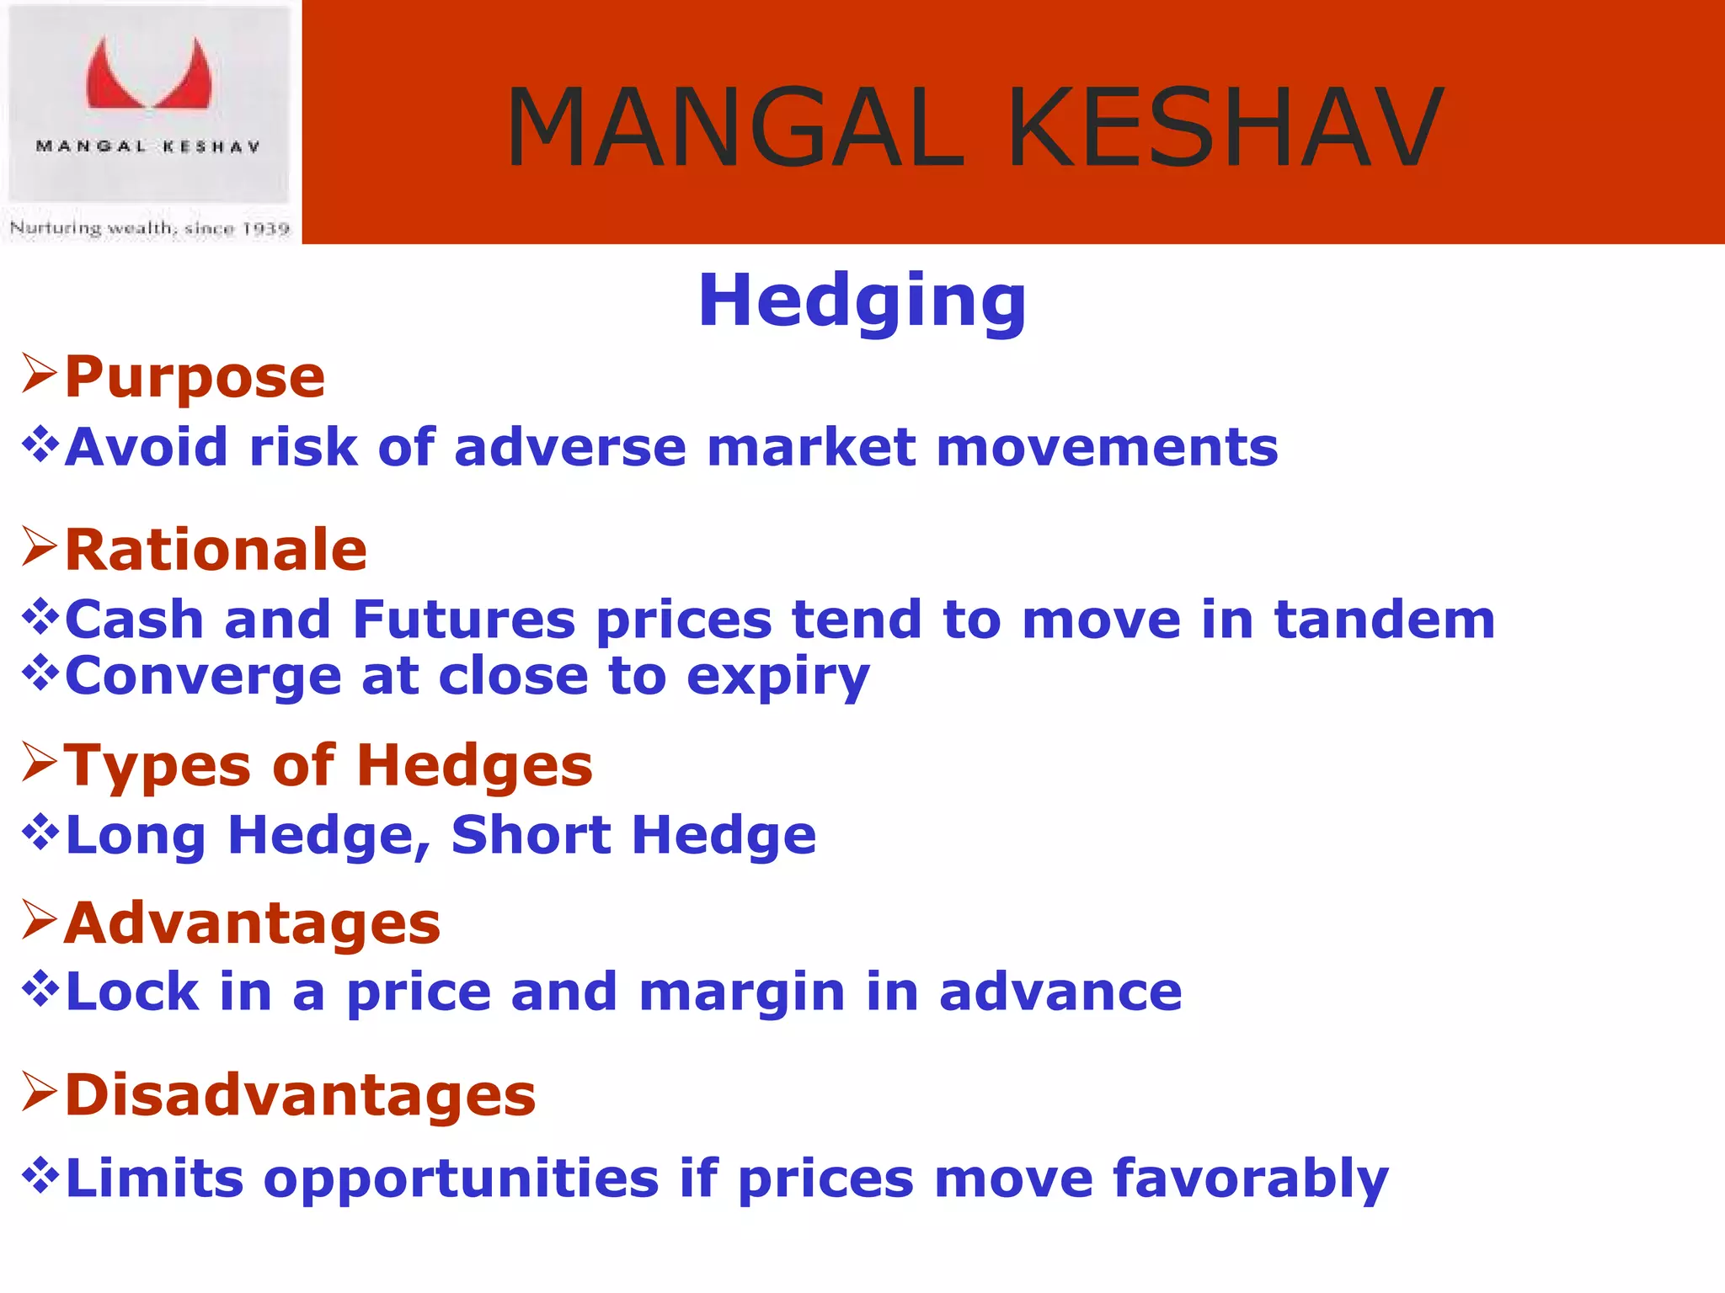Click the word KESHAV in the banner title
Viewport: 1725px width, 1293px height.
[x=1225, y=128]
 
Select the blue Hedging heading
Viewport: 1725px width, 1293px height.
[x=862, y=301]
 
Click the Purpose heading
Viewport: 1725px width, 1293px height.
[x=195, y=377]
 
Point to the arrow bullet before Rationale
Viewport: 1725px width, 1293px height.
[x=39, y=547]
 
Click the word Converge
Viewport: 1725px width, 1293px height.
[x=202, y=676]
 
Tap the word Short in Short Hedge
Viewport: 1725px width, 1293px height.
[x=531, y=835]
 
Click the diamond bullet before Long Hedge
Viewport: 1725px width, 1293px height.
[x=40, y=833]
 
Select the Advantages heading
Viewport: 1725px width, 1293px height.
[x=252, y=923]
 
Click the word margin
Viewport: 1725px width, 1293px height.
[x=741, y=993]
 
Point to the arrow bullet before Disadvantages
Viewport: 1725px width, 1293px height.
[x=39, y=1092]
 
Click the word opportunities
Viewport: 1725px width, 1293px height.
[x=461, y=1180]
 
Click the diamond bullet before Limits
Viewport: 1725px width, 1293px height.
[x=40, y=1175]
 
